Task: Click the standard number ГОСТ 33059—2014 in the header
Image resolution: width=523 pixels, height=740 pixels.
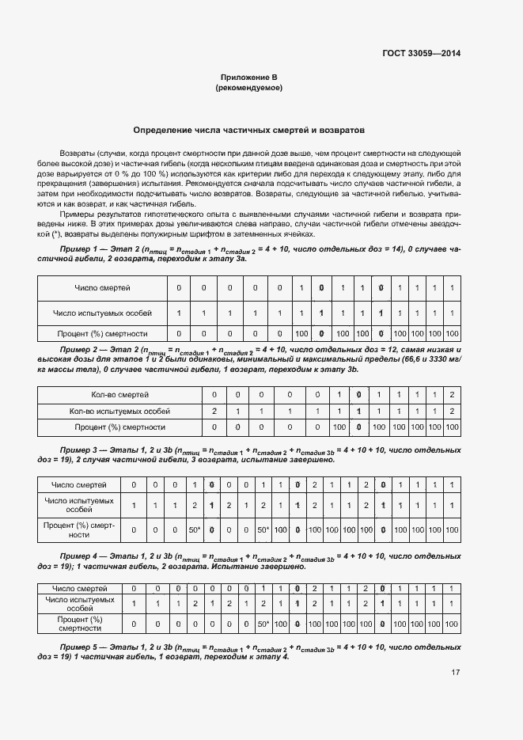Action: point(421,54)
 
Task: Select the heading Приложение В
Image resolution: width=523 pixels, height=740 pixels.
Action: point(248,78)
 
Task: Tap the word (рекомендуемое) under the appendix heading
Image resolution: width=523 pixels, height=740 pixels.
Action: point(248,88)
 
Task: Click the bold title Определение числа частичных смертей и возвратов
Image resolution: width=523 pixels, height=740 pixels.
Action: point(248,129)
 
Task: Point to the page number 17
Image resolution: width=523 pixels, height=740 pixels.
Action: point(455,673)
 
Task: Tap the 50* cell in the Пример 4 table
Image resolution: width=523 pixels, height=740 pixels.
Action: point(263,624)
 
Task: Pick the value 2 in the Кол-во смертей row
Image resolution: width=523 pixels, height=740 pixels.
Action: point(451,394)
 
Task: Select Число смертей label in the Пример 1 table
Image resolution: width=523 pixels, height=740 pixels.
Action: point(103,287)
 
